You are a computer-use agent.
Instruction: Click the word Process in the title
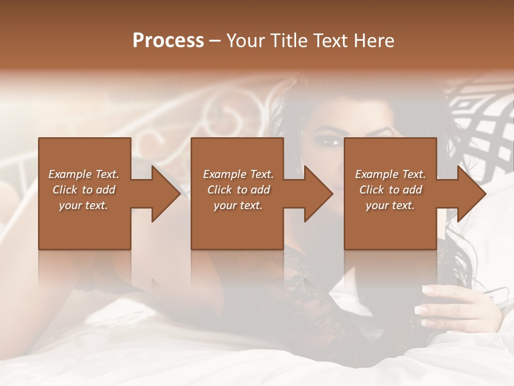168,41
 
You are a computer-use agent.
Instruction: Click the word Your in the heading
246,41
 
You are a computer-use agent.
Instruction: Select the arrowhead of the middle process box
318,194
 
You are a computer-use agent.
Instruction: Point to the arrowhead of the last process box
471,194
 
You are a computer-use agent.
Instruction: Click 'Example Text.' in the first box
84,174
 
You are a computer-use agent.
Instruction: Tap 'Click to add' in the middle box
238,190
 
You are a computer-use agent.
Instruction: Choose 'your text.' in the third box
390,205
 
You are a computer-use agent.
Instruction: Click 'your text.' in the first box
84,205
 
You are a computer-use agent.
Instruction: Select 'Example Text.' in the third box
390,174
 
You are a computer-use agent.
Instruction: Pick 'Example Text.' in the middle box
238,174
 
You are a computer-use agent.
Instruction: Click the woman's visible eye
330,143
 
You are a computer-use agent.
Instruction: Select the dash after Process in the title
215,41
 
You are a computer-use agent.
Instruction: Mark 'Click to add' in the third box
390,190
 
